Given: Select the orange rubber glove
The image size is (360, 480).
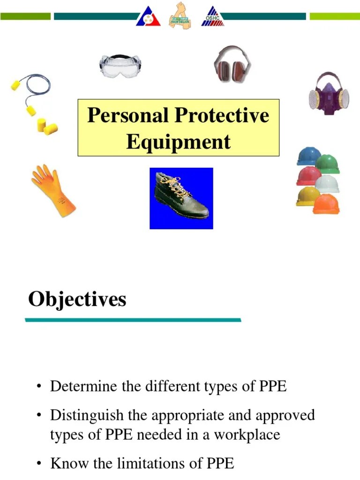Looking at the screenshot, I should tap(52, 190).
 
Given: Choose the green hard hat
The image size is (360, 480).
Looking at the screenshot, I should tap(328, 164).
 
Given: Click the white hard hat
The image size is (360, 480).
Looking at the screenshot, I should tap(327, 184).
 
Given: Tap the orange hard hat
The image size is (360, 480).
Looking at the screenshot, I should tap(326, 204).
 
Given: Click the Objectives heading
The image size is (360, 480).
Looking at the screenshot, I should tap(77, 299).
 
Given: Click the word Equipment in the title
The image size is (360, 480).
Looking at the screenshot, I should tap(178, 142).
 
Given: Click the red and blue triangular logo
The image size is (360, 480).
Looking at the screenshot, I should tap(148, 17).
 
